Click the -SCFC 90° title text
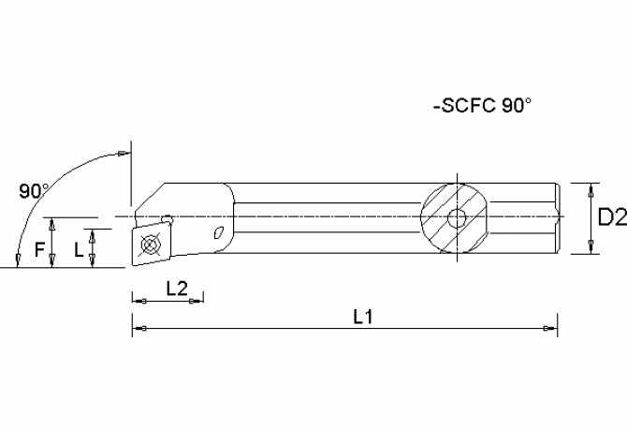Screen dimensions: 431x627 tap(483, 107)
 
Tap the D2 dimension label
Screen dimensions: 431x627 tap(611, 217)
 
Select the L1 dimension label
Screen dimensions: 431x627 tap(363, 317)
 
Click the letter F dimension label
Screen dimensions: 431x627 tap(38, 249)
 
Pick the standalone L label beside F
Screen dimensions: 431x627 tap(79, 250)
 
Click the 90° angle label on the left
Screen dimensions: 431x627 tap(34, 191)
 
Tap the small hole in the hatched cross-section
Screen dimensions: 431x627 tap(457, 219)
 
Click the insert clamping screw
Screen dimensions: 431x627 tap(150, 245)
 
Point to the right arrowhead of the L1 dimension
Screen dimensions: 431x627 tap(552, 328)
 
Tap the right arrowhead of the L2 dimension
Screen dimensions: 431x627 tap(199, 301)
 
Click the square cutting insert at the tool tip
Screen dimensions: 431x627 tap(150, 245)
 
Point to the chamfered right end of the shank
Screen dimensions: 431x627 tap(560, 218)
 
